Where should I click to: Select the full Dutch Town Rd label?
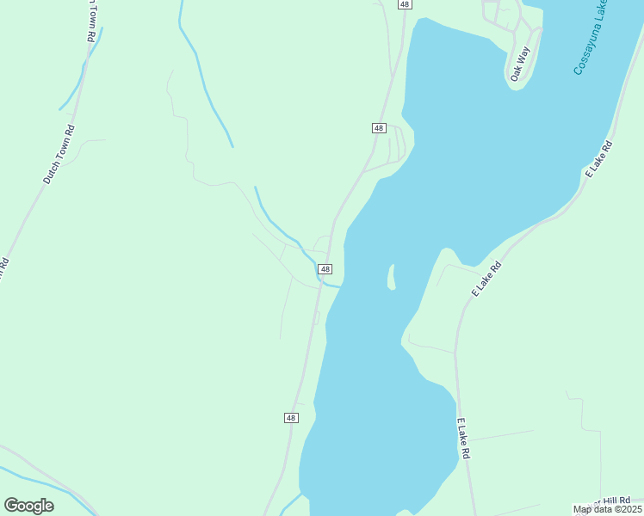(59, 155)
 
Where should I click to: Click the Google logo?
(28, 506)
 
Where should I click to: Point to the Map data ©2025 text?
(608, 509)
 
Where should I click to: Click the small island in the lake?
(391, 277)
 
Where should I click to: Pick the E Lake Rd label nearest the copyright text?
(464, 439)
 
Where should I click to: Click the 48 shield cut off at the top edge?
(405, 4)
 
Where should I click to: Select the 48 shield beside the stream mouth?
(325, 269)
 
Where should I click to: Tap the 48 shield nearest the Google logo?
(291, 418)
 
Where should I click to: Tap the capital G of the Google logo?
(12, 506)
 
